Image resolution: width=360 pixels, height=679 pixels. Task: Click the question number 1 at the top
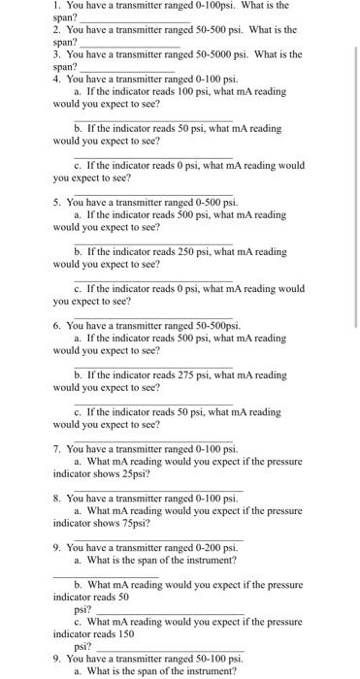point(56,6)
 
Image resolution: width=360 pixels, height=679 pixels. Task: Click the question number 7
point(56,449)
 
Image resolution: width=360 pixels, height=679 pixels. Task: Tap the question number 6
point(56,326)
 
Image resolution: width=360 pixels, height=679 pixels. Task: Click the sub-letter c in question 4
point(78,166)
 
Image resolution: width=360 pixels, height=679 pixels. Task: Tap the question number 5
point(56,202)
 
